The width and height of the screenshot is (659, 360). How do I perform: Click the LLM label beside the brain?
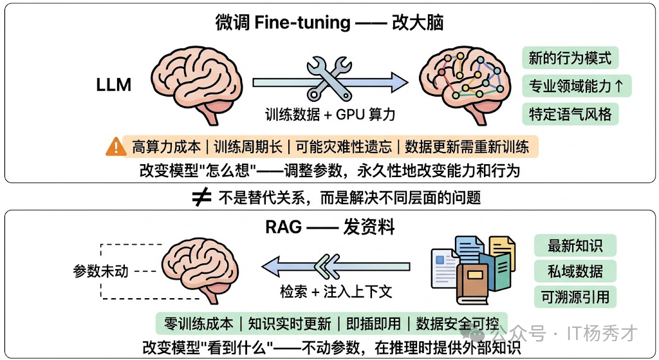click(114, 84)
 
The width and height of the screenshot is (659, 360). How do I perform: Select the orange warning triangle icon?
click(116, 147)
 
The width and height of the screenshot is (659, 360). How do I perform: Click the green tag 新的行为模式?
click(570, 58)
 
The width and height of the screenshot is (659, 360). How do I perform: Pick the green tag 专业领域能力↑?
click(576, 86)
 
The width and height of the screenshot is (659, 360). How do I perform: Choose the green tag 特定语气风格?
click(570, 114)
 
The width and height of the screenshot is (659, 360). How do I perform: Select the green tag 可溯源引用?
click(575, 296)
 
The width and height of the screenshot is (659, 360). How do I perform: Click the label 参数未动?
click(100, 270)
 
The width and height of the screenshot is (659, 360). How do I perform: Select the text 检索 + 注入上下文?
click(336, 291)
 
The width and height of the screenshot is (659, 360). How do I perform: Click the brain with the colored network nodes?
click(459, 82)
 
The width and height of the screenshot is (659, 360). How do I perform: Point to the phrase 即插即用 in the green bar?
click(374, 323)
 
